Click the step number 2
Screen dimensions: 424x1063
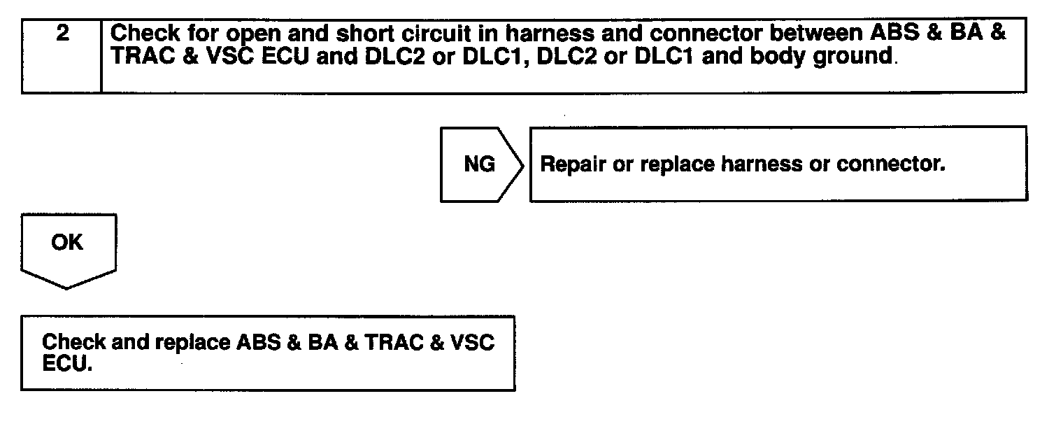pyautogui.click(x=62, y=34)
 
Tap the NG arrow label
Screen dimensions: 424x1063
pyautogui.click(x=479, y=164)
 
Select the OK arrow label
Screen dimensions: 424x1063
pyautogui.click(x=67, y=243)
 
